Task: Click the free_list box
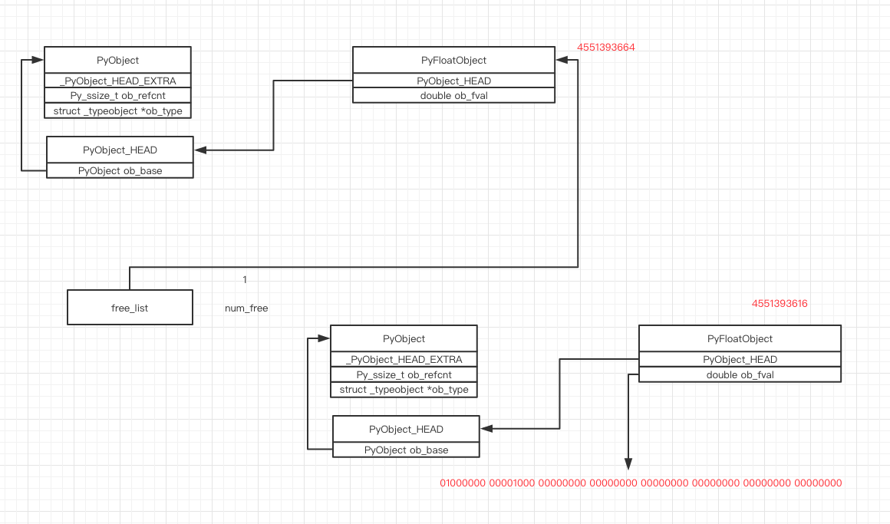point(130,308)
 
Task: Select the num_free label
point(246,308)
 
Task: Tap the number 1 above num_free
point(245,280)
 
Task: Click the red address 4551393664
point(606,48)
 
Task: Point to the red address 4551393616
point(780,304)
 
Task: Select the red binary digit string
point(641,483)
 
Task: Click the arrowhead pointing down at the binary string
point(628,463)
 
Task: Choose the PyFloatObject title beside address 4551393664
point(453,61)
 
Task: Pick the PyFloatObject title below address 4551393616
point(740,339)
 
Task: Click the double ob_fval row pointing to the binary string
point(740,374)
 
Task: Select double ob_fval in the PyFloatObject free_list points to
point(453,96)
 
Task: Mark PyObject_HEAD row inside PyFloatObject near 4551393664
point(453,81)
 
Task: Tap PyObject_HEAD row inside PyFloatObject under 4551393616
point(740,359)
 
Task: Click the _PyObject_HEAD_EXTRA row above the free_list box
point(117,81)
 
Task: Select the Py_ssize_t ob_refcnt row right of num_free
point(404,374)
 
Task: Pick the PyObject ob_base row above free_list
point(120,170)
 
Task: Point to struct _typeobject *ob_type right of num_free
point(404,390)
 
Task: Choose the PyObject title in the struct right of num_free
point(404,339)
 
